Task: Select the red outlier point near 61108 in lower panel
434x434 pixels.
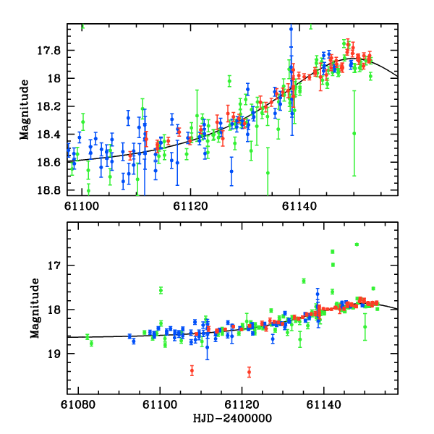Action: [x=192, y=370]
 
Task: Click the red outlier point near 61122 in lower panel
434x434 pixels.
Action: [x=249, y=372]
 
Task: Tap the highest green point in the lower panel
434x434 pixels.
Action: [x=357, y=244]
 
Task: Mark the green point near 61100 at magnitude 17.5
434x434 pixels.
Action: [x=161, y=290]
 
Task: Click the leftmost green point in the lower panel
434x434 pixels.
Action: [x=88, y=336]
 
